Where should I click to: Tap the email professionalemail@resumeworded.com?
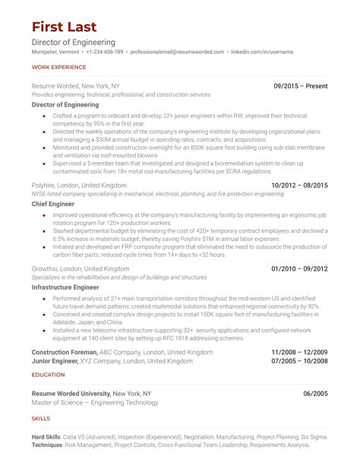pos(176,52)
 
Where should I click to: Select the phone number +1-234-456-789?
pos(104,52)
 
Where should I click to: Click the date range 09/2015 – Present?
pos(301,86)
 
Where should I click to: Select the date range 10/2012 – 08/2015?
pos(299,185)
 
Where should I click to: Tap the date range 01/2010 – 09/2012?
pos(299,269)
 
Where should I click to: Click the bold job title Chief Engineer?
pos(53,204)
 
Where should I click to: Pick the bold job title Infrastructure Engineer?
pos(65,288)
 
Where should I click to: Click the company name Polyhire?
pos(46,185)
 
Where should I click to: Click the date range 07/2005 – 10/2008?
pos(299,361)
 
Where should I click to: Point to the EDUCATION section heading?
pos(48,375)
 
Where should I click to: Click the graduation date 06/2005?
pos(315,393)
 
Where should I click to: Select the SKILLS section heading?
pos(41,418)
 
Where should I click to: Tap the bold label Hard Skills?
pos(47,437)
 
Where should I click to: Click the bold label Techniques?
pos(49,445)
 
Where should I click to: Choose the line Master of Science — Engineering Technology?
pos(95,402)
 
